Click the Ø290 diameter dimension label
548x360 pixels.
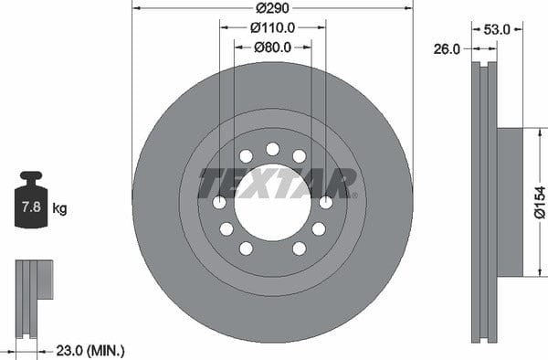[272, 7]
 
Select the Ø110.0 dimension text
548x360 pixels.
[272, 27]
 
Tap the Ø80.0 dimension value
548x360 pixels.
[272, 48]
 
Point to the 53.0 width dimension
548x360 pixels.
[497, 30]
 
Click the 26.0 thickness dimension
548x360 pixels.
[447, 49]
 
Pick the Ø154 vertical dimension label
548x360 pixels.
[540, 202]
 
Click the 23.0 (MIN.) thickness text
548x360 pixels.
[90, 350]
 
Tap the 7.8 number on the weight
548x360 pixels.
[31, 206]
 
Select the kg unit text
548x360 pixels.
[59, 208]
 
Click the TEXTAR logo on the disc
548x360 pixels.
[277, 183]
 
